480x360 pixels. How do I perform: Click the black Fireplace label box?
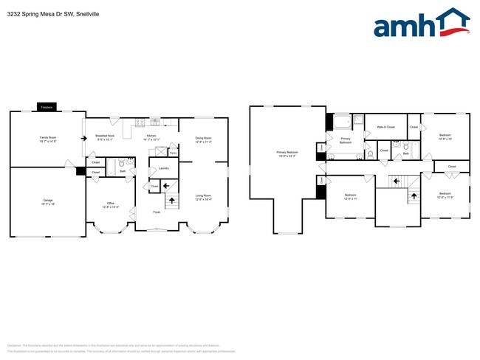tap(46, 107)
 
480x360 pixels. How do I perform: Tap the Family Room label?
tap(48, 139)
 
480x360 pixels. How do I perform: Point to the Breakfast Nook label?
tap(104, 137)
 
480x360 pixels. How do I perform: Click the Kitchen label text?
tap(151, 137)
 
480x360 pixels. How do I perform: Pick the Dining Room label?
tap(203, 139)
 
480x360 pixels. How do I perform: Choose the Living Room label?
tap(203, 197)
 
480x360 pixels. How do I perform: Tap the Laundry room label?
tap(164, 168)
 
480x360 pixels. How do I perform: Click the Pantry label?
tap(172, 153)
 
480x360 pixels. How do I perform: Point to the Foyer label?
tap(157, 212)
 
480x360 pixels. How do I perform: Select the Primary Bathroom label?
tap(345, 140)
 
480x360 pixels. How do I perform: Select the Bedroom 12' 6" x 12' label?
tap(445, 136)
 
